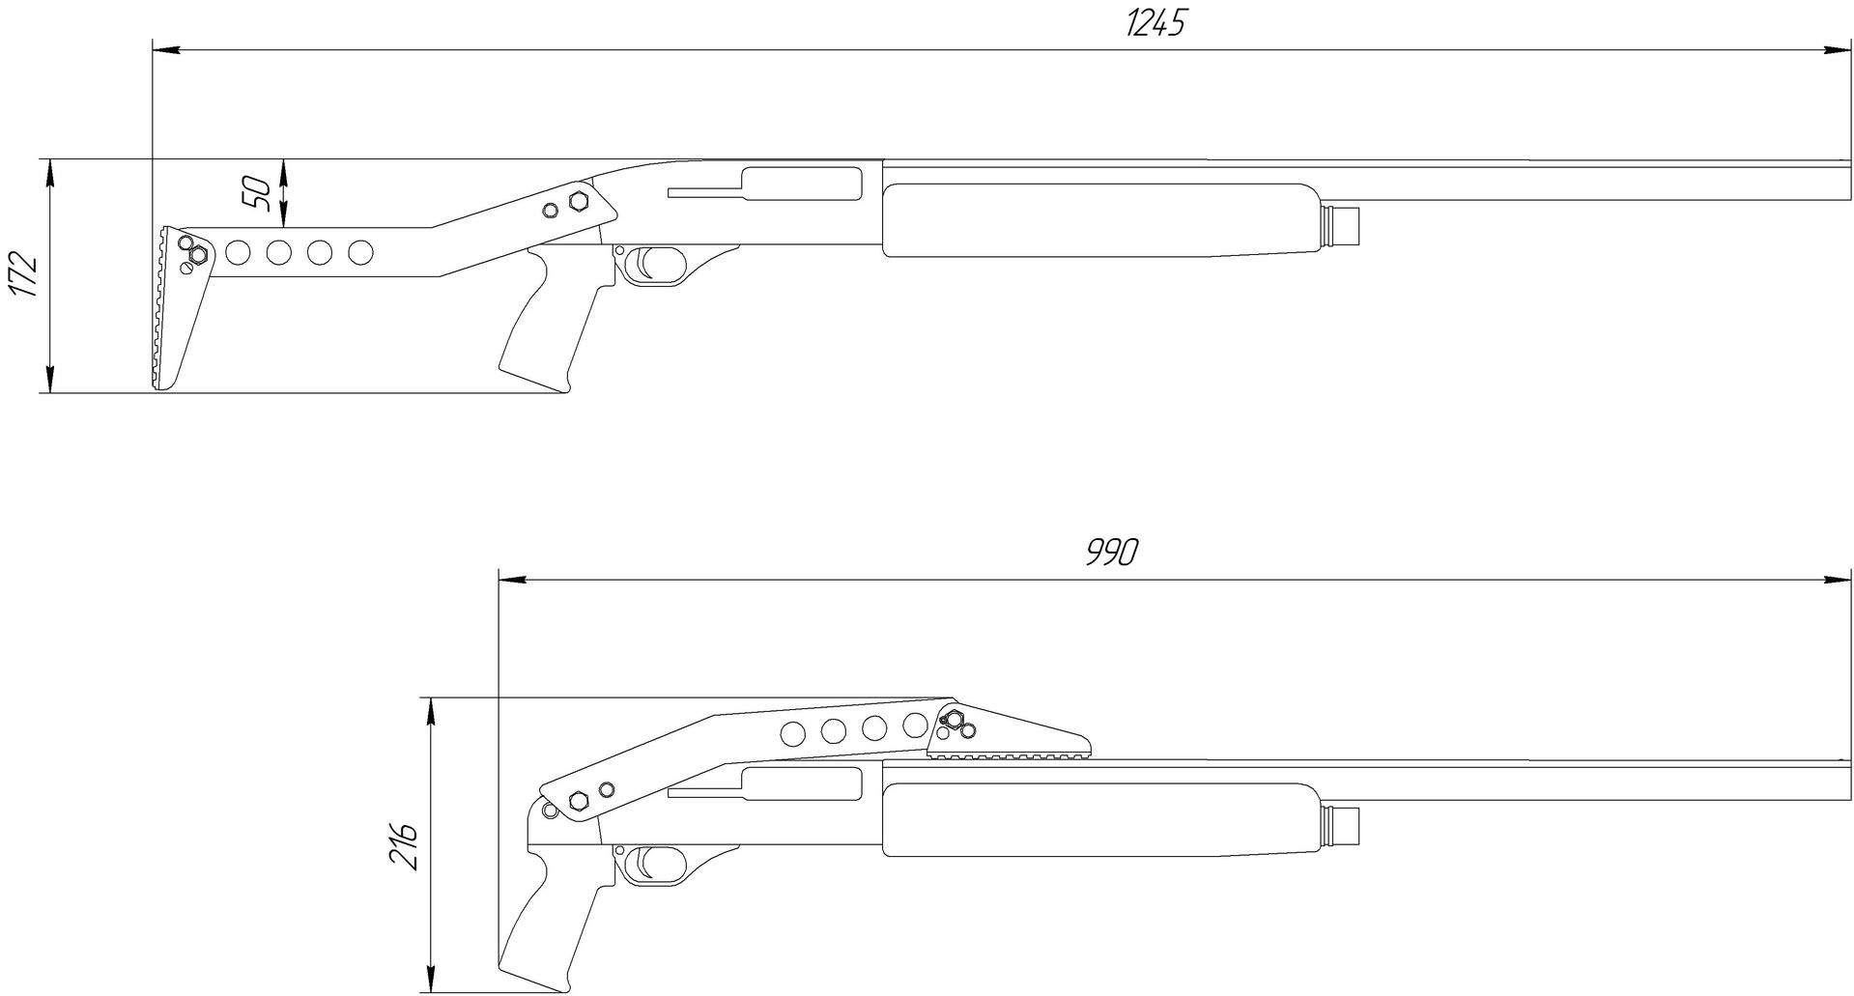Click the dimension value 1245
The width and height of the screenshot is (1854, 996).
pos(1155,22)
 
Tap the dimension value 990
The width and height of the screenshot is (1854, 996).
pos(1112,552)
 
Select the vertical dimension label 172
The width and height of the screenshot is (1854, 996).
pos(22,275)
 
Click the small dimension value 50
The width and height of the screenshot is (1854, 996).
pos(255,193)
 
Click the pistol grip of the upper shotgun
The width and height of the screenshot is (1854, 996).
pos(552,318)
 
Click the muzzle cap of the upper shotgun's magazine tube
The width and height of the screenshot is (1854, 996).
pos(1340,225)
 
